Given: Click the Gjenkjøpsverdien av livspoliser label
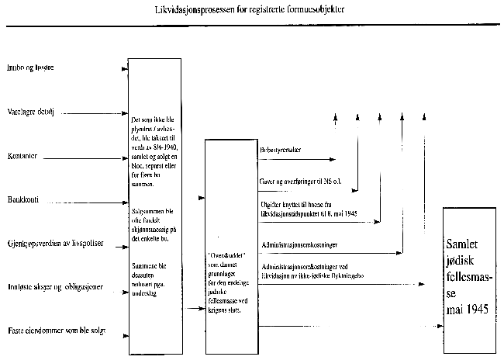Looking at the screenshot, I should point(54,244).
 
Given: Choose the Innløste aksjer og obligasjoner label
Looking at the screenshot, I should point(54,288).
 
